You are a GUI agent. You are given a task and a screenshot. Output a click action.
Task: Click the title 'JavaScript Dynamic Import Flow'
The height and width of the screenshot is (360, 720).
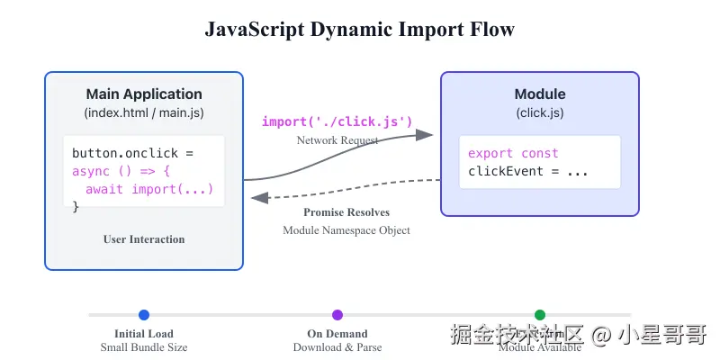360,30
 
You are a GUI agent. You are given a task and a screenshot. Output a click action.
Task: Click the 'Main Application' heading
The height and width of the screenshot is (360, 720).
144,94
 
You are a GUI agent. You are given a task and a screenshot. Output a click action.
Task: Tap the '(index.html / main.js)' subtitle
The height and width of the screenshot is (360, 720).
144,113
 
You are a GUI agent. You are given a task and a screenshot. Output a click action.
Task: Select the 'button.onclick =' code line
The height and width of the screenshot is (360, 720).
132,153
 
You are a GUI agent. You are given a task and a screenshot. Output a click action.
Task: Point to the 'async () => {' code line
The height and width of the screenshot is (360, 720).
121,171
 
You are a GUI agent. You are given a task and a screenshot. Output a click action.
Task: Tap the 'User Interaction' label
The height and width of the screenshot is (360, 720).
144,239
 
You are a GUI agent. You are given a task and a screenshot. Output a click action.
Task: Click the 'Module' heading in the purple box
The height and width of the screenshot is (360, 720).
540,94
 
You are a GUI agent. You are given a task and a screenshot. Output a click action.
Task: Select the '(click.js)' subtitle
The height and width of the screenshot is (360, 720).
540,113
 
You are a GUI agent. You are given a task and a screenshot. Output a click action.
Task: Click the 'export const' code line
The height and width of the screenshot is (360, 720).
513,153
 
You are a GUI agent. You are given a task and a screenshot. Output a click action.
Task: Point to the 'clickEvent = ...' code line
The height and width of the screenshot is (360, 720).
527,171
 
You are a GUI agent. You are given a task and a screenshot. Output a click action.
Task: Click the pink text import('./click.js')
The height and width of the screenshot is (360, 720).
337,121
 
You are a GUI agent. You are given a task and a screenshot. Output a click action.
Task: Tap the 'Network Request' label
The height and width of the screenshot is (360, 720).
337,140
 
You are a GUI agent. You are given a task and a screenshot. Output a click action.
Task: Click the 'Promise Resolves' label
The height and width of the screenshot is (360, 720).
346,212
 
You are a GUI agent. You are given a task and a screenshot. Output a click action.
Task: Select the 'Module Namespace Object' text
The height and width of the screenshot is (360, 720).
346,230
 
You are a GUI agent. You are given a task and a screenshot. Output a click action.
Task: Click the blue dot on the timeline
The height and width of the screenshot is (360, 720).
144,315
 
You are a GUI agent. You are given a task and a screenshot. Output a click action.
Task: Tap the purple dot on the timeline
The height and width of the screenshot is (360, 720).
337,315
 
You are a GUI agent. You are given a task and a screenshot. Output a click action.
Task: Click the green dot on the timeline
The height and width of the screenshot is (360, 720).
540,315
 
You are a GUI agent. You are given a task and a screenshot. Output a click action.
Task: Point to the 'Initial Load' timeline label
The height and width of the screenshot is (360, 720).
144,334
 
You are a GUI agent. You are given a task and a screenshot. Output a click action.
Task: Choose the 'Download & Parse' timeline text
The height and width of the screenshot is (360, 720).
337,347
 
